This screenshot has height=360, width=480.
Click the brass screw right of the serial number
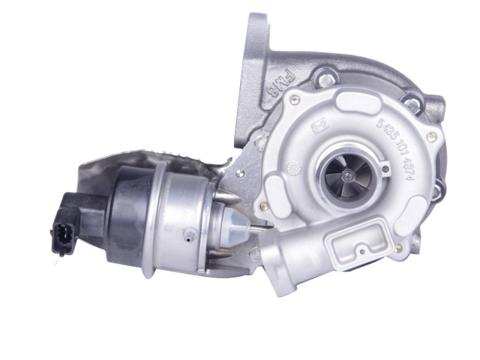point(433,137)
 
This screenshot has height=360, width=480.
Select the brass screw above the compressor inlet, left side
point(296,98)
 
